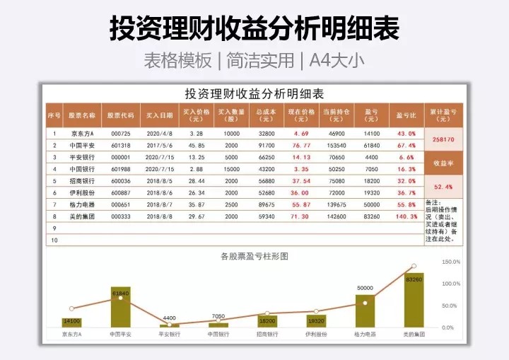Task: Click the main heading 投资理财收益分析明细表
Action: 255,29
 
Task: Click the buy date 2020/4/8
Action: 159,133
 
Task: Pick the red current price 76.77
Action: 301,145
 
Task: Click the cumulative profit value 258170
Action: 443,140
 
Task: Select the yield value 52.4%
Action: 443,187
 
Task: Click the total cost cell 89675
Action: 267,204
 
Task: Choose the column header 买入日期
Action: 159,115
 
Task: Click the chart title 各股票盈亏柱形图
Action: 255,256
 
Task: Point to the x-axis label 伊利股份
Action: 315,334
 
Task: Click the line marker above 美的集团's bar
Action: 414,267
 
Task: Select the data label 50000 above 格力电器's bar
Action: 365,289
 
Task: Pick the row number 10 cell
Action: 54,240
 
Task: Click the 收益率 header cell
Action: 443,163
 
